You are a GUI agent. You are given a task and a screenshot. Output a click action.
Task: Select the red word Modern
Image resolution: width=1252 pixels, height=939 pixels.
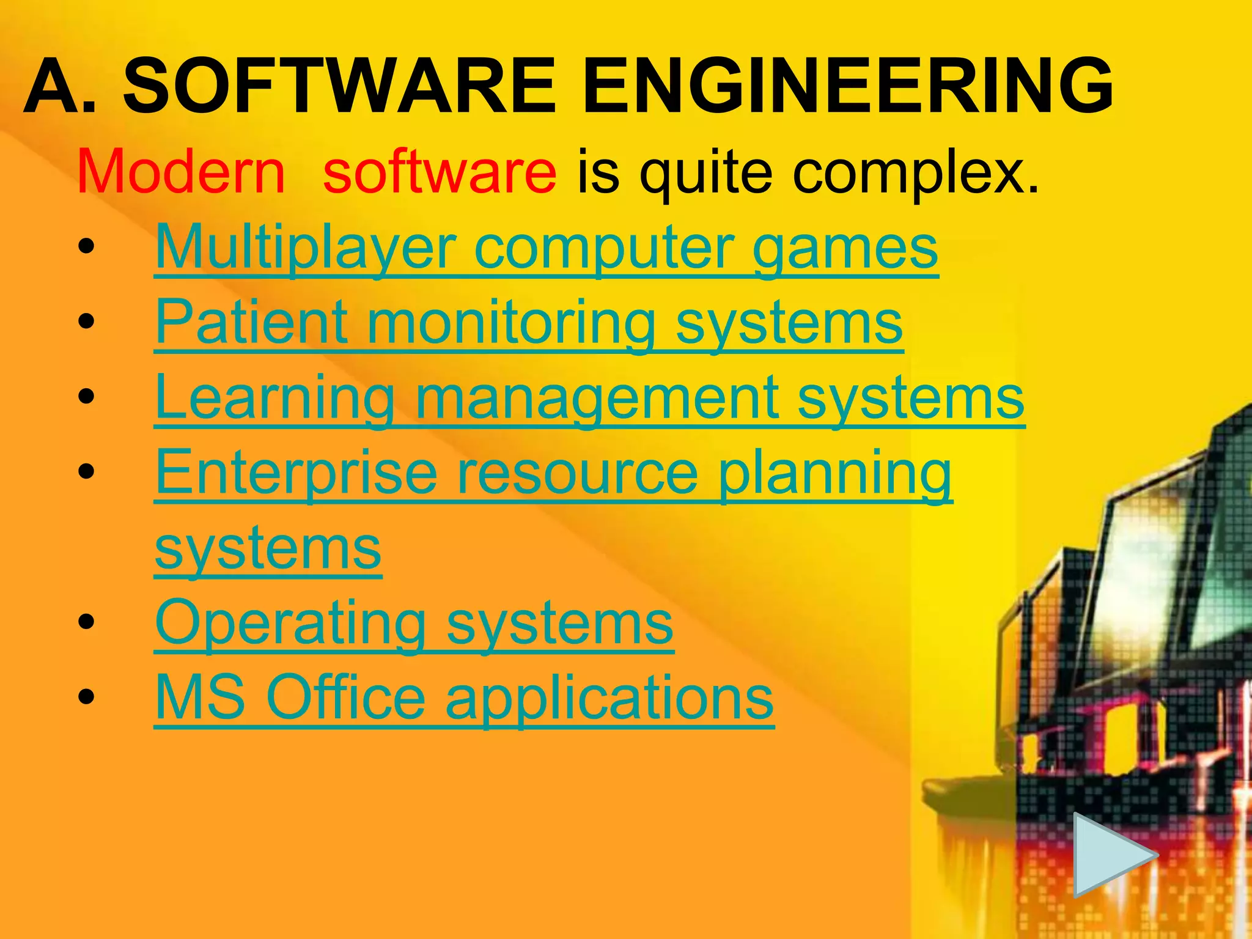click(x=182, y=172)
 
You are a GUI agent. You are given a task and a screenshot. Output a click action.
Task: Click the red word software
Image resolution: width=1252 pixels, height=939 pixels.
click(x=440, y=172)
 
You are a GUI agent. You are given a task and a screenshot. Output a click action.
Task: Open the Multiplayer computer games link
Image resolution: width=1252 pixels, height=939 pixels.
click(x=547, y=248)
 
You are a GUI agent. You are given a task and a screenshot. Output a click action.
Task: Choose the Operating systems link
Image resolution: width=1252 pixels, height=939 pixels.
click(x=414, y=624)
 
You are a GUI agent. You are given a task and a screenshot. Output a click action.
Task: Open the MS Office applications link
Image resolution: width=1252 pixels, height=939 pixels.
click(x=465, y=698)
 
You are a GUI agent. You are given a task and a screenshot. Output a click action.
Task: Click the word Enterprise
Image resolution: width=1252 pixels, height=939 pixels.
click(x=296, y=474)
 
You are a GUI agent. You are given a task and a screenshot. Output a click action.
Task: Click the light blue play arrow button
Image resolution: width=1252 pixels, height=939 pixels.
click(x=1111, y=854)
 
